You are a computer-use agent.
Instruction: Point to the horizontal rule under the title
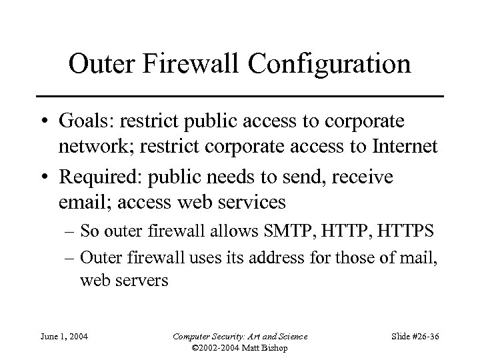click(x=239, y=97)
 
